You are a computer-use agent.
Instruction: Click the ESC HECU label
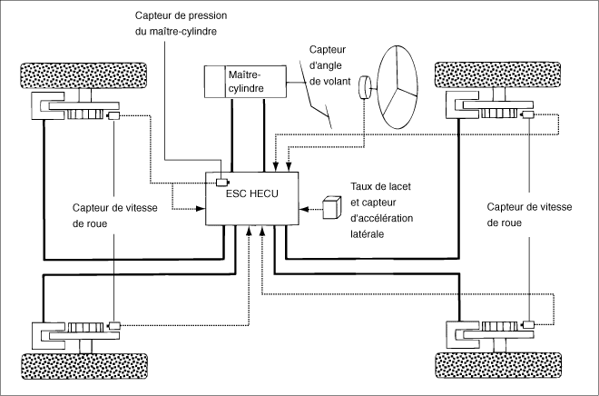252,193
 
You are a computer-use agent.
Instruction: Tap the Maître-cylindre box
245,82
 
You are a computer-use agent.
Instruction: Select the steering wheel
398,87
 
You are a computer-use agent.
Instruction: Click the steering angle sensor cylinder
365,87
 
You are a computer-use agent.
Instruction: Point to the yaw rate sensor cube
332,208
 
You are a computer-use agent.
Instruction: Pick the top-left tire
83,75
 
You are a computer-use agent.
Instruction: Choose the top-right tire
497,74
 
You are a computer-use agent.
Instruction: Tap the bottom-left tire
84,366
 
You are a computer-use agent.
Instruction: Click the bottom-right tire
498,365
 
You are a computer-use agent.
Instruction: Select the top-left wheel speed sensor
114,115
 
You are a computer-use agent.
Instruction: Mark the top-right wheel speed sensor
528,114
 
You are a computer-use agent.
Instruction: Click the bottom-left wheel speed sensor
114,326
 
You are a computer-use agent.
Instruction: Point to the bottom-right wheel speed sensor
529,324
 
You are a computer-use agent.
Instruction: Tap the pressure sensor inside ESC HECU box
222,183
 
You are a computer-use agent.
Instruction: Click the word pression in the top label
209,15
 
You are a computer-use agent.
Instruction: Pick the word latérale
368,233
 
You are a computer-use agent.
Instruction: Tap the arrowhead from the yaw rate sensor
304,209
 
